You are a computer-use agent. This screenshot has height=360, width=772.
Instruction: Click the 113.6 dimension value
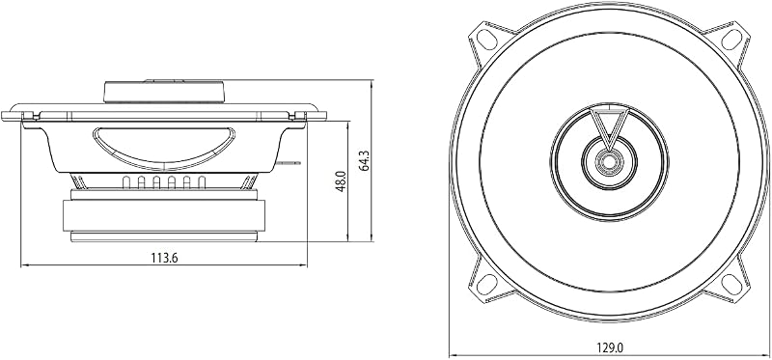pos(164,258)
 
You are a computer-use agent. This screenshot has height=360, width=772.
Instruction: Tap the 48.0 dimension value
pos(341,180)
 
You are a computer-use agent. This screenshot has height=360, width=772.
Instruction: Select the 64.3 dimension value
pos(365,160)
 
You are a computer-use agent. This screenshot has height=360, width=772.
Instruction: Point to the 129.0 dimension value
pos(610,347)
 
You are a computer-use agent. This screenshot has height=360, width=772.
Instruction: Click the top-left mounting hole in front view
pos(487,40)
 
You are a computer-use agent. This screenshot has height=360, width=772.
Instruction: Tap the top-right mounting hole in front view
pos(731,40)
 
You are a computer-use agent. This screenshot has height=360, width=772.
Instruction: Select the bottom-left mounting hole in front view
pos(487,284)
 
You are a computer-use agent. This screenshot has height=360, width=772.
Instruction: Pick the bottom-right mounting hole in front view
pos(731,284)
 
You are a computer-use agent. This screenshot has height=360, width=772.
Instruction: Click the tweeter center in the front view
pos(610,161)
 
